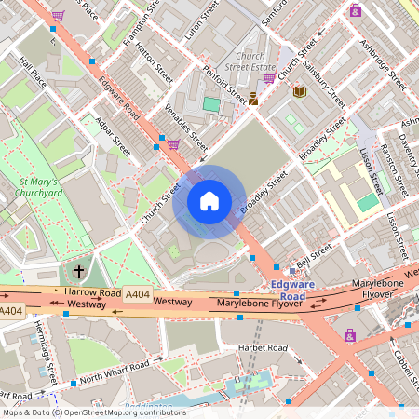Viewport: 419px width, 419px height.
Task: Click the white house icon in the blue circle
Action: tap(209, 200)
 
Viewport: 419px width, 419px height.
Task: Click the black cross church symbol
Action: tap(79, 272)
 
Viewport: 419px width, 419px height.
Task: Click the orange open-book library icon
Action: tap(300, 91)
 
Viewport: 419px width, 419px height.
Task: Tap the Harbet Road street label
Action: tap(264, 347)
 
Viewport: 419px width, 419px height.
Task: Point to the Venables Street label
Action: tap(186, 128)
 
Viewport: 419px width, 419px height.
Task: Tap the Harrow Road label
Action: tap(93, 292)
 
